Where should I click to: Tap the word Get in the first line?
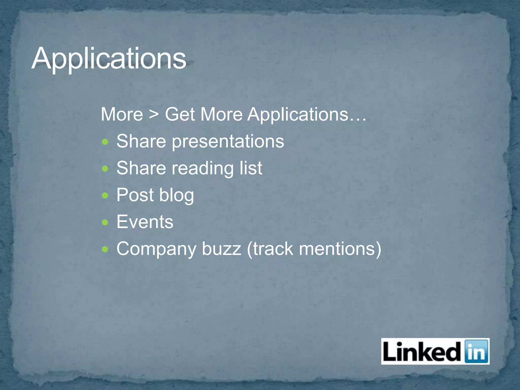180,114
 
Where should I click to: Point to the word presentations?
228,141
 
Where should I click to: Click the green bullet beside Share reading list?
105,169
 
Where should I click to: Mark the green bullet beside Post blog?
105,196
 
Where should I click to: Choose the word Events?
145,222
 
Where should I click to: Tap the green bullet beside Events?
105,222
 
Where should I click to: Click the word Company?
156,249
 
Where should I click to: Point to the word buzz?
221,249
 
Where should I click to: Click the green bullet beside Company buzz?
105,249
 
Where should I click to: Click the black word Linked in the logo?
422,352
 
